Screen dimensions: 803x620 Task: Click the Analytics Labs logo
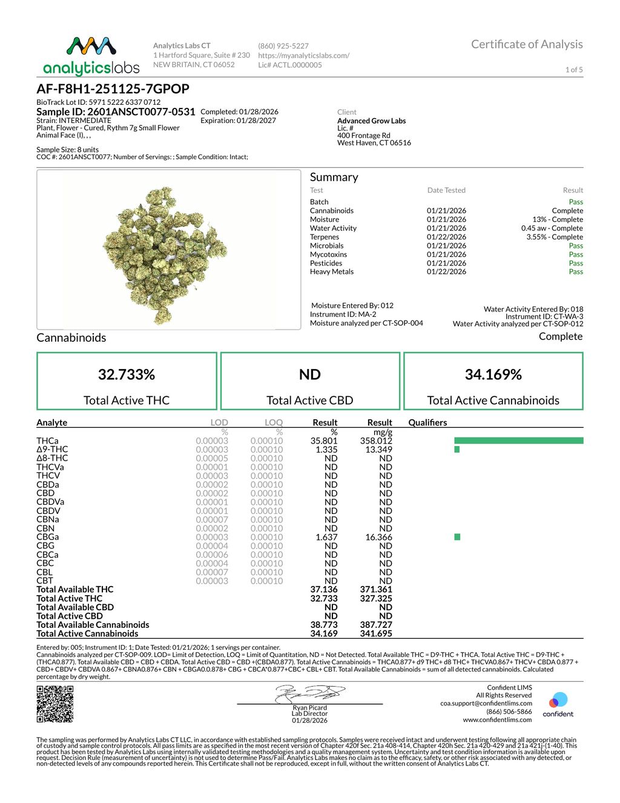pos(91,56)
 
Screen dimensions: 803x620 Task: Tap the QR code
pos(55,704)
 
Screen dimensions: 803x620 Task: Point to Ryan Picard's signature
pos(309,694)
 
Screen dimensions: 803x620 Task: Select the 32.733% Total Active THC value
pos(127,375)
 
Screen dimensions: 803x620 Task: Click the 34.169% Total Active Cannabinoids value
pos(493,375)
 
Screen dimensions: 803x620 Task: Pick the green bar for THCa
pos(518,441)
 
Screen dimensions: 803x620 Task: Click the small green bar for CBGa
pos(457,537)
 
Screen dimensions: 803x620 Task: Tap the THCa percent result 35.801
pos(324,441)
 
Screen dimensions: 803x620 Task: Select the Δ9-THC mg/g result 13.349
pos(378,450)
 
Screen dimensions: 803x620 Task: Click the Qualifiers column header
pos(427,422)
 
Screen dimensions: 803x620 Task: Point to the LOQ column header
pos(274,422)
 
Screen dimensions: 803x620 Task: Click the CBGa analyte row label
pos(48,537)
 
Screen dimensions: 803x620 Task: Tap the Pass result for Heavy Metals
pos(576,272)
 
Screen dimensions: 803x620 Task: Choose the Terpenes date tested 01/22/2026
pos(446,237)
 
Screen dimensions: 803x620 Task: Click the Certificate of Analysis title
pos(527,44)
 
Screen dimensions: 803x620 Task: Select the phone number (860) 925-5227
pos(283,46)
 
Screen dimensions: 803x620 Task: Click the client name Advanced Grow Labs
pos(371,121)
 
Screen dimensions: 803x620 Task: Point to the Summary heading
pos(334,177)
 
